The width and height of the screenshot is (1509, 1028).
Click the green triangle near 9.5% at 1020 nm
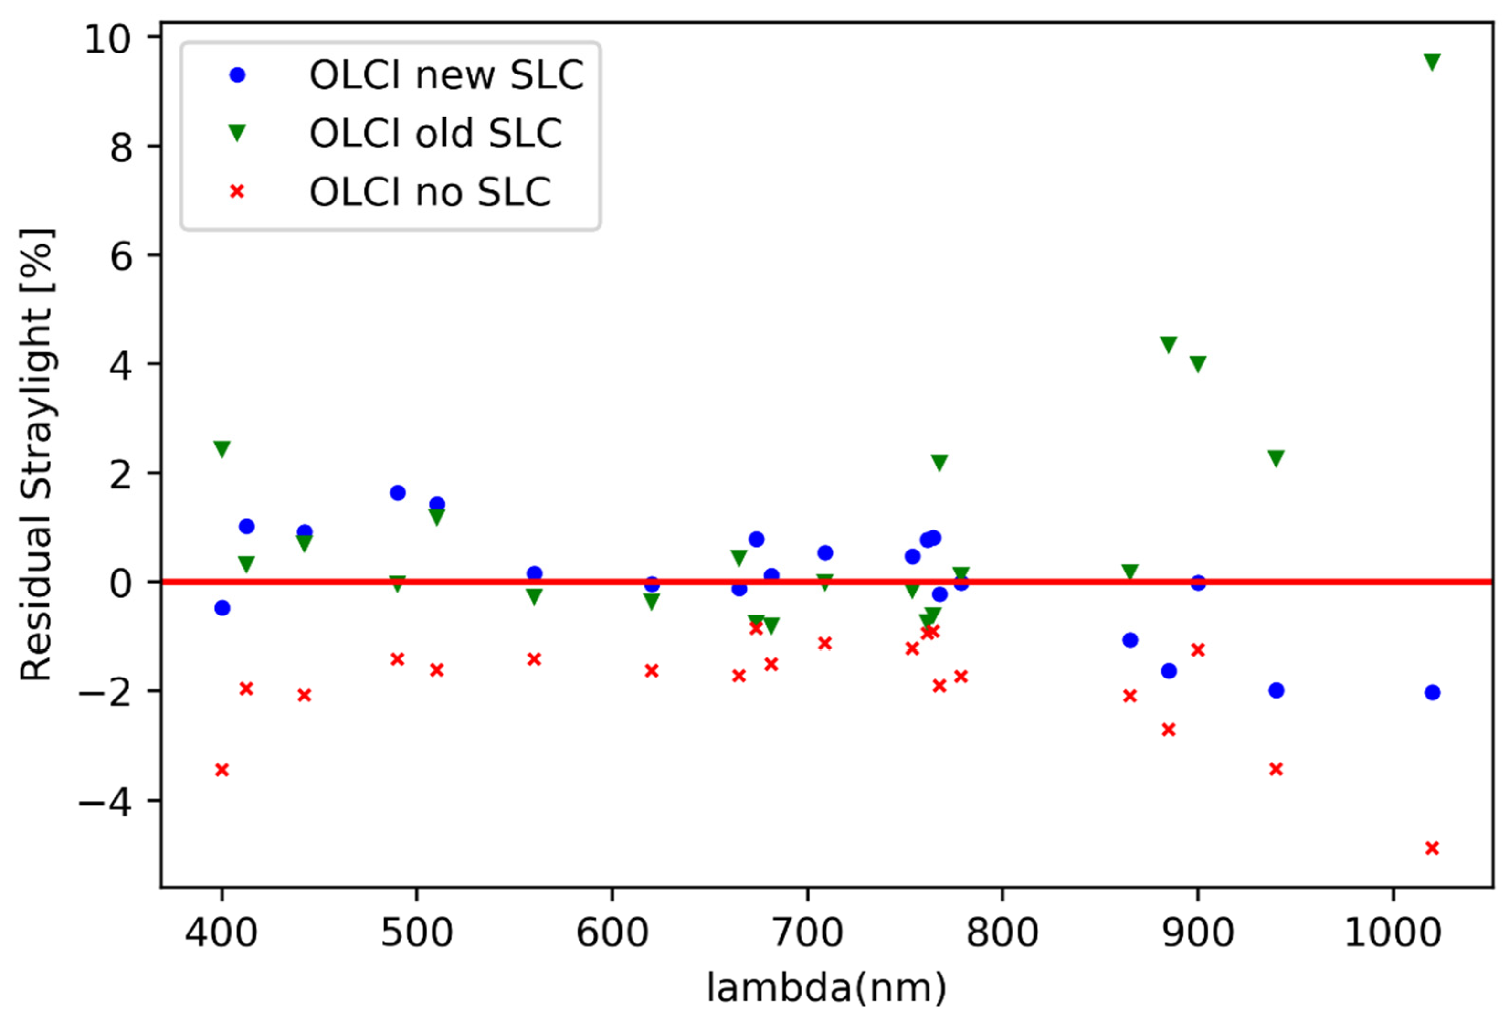1432,62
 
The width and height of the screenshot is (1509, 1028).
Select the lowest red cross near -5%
1432,848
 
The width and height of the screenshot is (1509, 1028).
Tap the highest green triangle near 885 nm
1168,344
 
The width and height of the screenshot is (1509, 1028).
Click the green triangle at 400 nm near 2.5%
222,449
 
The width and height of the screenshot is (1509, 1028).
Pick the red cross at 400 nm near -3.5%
222,770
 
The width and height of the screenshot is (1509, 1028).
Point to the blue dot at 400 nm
222,608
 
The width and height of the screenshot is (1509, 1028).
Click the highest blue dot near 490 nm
397,493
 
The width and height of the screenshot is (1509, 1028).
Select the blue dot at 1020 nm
1432,692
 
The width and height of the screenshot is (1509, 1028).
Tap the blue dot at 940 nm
1276,690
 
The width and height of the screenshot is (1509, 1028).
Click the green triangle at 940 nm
1276,458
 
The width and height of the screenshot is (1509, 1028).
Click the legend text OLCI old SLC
435,133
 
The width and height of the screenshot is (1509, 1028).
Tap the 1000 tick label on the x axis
1393,933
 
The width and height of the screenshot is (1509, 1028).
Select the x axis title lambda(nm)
826,988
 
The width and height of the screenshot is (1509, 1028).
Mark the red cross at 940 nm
1276,769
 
